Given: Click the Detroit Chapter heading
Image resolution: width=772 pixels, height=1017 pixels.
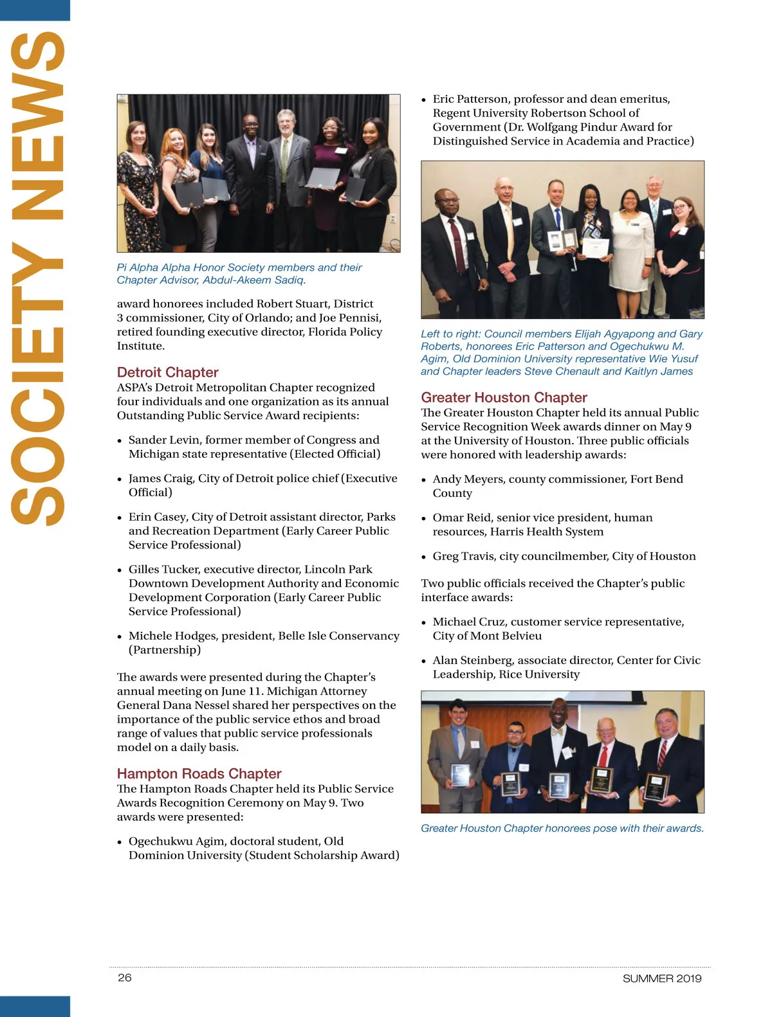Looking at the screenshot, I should point(167,372).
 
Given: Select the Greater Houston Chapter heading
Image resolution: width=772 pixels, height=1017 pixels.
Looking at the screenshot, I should point(504,397).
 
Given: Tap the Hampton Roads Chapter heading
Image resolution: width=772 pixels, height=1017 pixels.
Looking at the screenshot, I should point(199,773).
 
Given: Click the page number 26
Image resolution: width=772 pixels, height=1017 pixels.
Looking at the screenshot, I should point(125,978).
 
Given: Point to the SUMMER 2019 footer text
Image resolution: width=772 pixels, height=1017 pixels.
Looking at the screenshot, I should point(661,978).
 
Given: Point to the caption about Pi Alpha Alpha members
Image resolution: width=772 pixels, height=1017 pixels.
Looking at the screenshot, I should point(239,273).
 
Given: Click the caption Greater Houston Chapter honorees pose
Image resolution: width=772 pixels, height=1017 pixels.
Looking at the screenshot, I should point(562,828).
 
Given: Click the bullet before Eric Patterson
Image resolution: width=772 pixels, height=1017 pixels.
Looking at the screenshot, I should point(423,100).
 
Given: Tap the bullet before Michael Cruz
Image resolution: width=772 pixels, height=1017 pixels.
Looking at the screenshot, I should point(423,623).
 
